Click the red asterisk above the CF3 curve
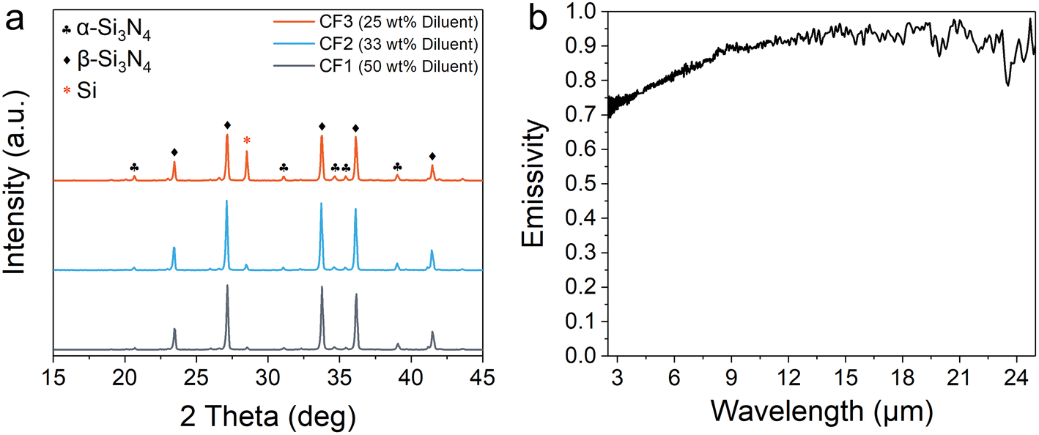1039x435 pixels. pos(247,141)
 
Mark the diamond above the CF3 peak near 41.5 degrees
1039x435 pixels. pos(432,156)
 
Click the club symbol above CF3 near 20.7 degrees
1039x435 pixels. pos(134,168)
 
